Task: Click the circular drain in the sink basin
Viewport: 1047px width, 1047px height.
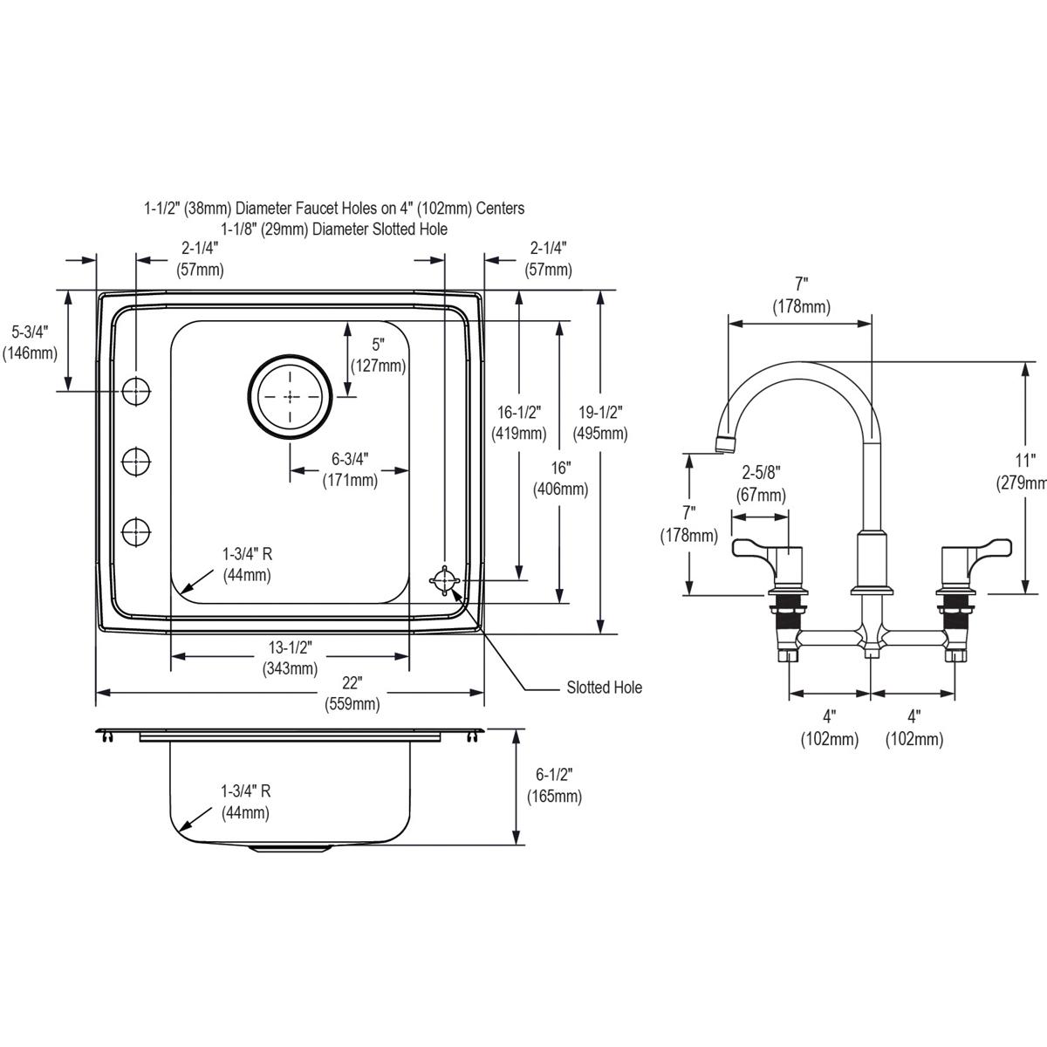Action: pyautogui.click(x=290, y=396)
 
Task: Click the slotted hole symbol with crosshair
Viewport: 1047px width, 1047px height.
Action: pyautogui.click(x=445, y=581)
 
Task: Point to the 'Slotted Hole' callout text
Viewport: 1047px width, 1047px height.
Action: pyautogui.click(x=604, y=688)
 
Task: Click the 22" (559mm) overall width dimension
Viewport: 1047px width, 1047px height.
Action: pyautogui.click(x=352, y=693)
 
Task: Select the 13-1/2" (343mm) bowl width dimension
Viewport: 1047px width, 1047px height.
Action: pyautogui.click(x=291, y=658)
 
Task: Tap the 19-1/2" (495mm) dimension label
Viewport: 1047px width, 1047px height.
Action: pyautogui.click(x=599, y=422)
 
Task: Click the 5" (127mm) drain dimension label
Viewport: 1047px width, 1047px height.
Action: pyautogui.click(x=378, y=355)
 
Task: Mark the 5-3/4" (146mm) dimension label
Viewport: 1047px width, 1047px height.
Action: pyautogui.click(x=30, y=342)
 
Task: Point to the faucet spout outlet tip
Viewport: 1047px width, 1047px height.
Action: pyautogui.click(x=722, y=445)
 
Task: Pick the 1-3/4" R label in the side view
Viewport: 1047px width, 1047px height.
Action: pyautogui.click(x=246, y=802)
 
